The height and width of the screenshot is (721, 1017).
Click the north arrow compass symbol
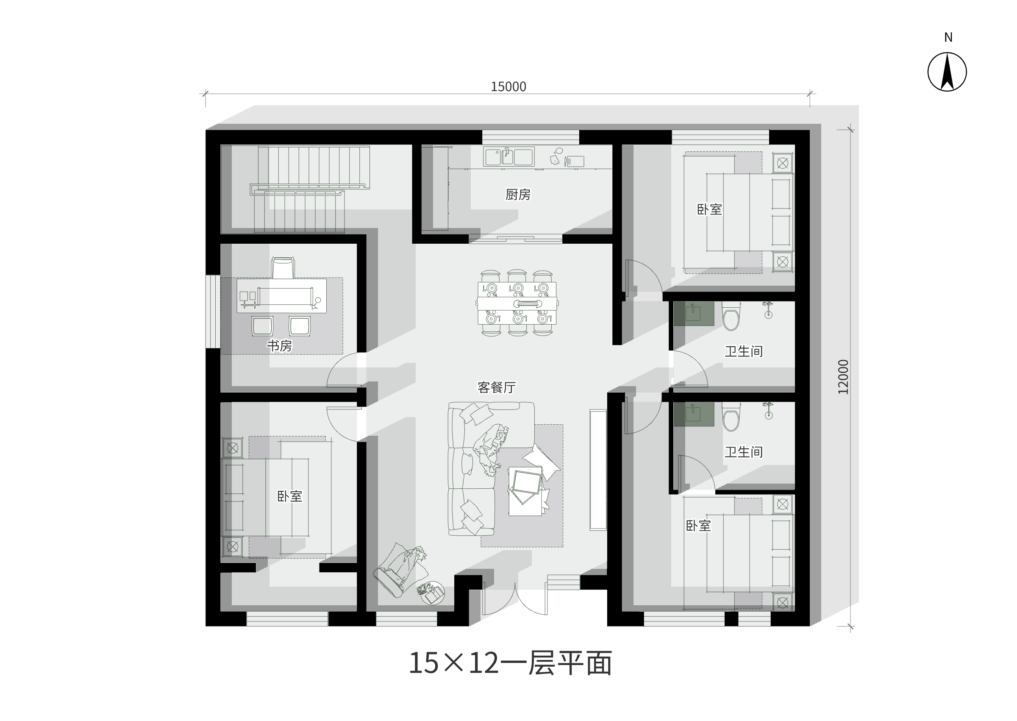coord(947,72)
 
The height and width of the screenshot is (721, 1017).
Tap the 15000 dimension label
coord(508,86)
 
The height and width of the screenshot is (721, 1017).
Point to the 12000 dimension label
coord(843,376)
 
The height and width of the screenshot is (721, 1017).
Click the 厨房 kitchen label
coord(518,195)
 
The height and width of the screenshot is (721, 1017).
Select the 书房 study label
coord(279,345)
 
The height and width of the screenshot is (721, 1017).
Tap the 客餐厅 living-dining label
coord(497,387)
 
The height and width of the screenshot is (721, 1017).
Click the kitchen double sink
coord(509,157)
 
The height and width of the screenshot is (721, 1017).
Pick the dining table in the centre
coord(517,303)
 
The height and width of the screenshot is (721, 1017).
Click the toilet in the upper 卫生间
coord(731,316)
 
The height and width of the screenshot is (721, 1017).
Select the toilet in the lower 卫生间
coord(731,416)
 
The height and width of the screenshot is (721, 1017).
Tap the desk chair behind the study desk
coord(283,268)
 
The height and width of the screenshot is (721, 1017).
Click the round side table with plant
coord(432,593)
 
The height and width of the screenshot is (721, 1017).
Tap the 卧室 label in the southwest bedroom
coord(289,496)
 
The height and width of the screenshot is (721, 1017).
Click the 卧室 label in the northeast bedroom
coord(709,209)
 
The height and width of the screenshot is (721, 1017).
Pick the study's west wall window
coord(213,312)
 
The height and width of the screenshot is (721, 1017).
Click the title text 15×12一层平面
coord(510,663)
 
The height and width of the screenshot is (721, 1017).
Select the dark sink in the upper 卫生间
coord(694,313)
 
